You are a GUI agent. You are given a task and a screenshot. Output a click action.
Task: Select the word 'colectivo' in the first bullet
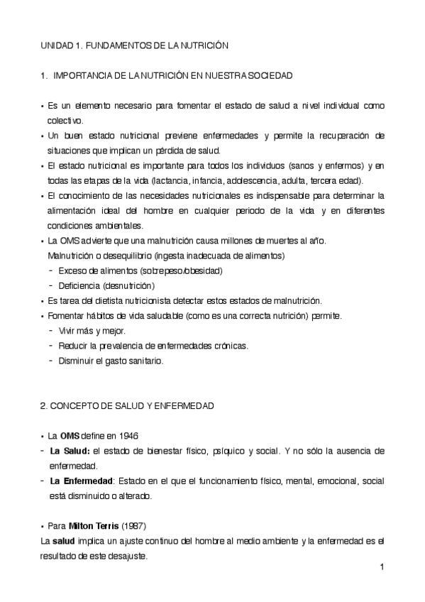[66, 120]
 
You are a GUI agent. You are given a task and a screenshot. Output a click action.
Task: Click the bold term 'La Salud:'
[70, 451]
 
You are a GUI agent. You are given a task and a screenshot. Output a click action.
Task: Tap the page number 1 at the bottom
[382, 568]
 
